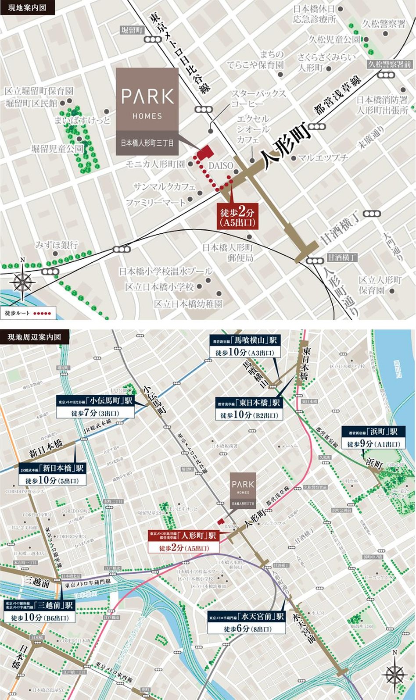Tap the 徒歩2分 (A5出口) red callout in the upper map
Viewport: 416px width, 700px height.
point(237,217)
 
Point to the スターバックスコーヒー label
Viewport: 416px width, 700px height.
point(258,99)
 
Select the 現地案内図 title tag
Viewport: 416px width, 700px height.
point(27,7)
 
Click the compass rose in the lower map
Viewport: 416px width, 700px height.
point(394,673)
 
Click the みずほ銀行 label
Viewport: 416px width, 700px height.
point(57,244)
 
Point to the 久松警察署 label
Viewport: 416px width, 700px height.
point(384,24)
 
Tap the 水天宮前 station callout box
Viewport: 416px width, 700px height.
point(247,623)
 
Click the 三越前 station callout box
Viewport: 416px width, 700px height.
point(39,611)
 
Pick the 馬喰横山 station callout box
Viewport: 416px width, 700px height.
point(244,346)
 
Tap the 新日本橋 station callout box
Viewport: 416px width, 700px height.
point(52,474)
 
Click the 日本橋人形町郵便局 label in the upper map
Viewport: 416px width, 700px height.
point(228,253)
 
